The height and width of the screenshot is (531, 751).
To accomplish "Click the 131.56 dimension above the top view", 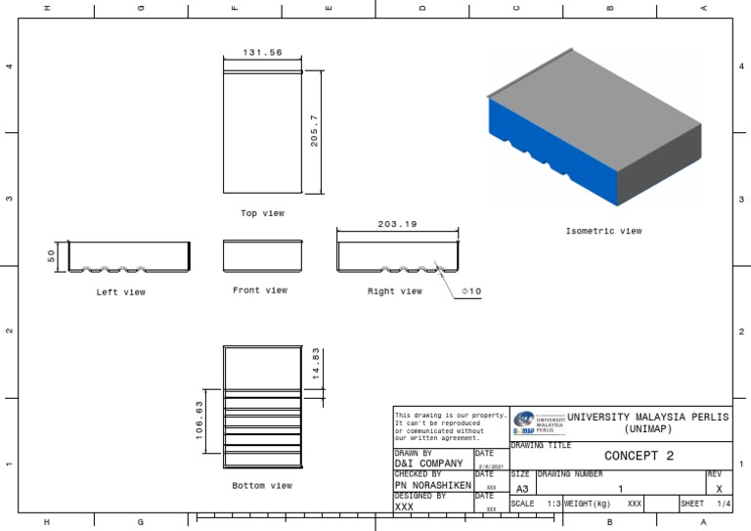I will [262, 52].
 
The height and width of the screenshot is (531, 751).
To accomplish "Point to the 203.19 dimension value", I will [397, 224].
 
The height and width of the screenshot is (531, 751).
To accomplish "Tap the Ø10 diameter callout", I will [470, 291].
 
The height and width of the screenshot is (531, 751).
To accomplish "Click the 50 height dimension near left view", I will [52, 256].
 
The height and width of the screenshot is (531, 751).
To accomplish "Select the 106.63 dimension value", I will [199, 420].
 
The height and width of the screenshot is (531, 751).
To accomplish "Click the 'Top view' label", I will [262, 213].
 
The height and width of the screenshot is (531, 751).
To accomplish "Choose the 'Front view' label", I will [260, 290].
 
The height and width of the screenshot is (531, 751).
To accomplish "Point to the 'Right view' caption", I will [395, 291].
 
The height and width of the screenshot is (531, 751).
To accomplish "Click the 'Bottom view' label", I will [262, 485].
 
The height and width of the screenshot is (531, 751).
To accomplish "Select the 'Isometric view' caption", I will [603, 232].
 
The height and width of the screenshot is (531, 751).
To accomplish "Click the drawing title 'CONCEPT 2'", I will [640, 456].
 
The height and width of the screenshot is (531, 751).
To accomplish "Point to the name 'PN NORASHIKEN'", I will [433, 485].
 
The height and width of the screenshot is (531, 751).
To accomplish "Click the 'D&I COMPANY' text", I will [428, 464].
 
